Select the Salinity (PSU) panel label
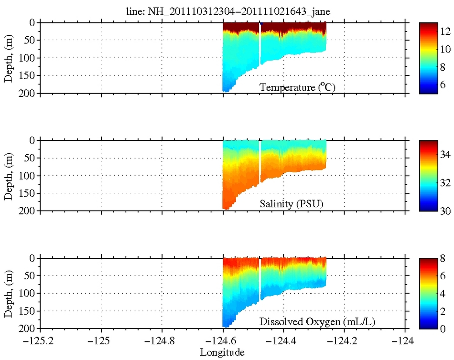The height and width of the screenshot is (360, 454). tap(292, 205)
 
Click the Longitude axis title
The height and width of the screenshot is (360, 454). tap(222, 352)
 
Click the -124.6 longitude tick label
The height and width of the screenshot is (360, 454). tap(223, 342)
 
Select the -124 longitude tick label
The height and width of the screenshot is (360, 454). tap(406, 342)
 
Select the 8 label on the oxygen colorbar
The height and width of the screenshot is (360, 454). tap(443, 258)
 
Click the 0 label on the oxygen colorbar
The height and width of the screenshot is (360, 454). tap(443, 328)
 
